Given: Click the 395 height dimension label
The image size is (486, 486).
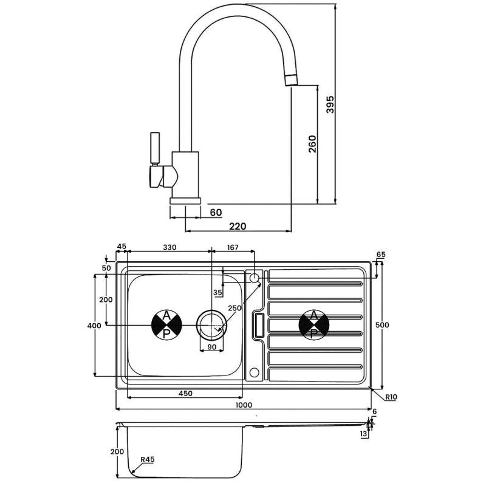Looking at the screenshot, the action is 330,104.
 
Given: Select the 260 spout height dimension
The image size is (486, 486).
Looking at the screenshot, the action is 312,144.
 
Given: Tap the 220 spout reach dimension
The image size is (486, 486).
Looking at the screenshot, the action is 238,226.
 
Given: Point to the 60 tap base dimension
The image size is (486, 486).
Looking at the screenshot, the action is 216,213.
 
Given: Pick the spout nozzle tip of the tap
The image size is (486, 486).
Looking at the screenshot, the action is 291,80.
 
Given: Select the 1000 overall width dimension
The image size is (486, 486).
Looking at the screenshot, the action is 244,405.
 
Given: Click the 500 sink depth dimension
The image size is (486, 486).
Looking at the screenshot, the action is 382,325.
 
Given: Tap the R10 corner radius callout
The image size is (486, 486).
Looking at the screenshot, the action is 391,397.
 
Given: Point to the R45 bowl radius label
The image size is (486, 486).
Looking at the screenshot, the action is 148,459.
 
